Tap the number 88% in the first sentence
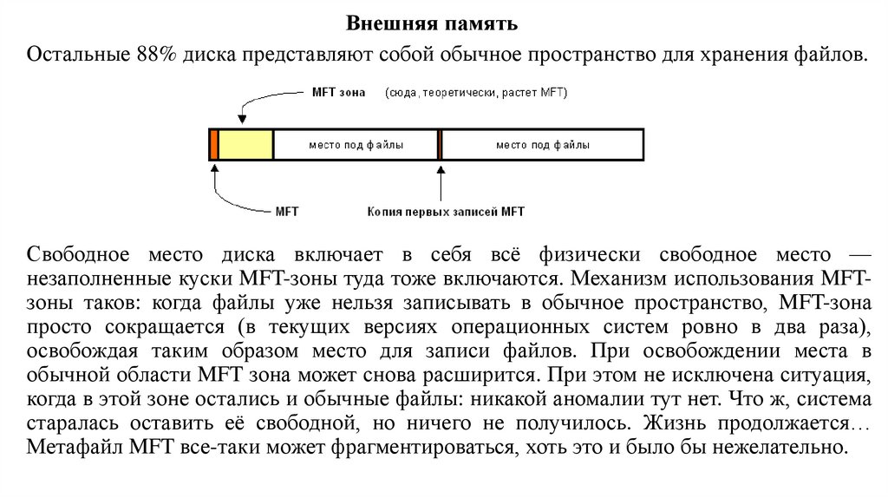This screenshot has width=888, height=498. (154, 56)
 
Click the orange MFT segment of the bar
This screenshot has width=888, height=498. (213, 144)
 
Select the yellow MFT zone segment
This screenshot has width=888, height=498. (245, 144)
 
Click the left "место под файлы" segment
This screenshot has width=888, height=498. (356, 145)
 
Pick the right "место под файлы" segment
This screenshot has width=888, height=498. (543, 145)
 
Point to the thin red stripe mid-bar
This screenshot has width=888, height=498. (441, 144)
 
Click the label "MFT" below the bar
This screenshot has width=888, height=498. (286, 211)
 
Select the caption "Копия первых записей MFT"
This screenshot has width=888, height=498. (446, 211)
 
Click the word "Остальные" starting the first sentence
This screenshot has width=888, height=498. (77, 56)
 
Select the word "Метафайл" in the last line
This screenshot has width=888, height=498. (75, 449)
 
